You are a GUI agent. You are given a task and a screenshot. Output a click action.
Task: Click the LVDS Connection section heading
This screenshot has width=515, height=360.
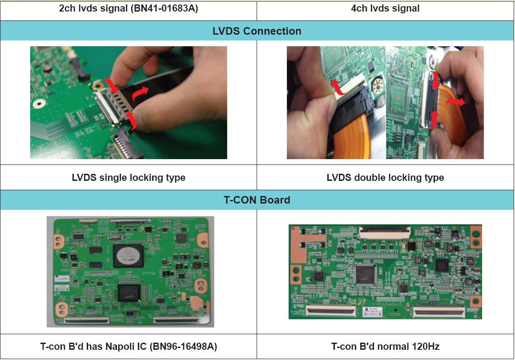coord(257,31)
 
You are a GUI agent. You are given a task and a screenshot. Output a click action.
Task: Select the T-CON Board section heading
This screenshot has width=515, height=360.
coord(257,200)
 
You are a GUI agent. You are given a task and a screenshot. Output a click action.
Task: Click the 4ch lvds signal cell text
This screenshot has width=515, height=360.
coord(385,8)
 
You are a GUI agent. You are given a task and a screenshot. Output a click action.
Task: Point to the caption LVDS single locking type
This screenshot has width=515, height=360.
coord(129,177)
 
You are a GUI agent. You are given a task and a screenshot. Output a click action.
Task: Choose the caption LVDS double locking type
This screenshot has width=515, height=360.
coord(385,177)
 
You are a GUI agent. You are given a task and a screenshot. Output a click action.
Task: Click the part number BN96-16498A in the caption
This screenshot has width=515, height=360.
coord(183,347)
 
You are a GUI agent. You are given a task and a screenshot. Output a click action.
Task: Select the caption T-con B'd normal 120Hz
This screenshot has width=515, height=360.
coord(385,347)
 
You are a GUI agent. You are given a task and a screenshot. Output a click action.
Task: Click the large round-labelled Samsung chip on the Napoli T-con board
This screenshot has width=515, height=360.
coord(129,256)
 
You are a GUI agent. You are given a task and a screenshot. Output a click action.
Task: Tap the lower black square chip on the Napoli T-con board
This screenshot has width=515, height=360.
coord(129,293)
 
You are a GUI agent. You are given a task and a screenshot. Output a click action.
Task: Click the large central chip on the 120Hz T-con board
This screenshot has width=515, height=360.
coord(365,274)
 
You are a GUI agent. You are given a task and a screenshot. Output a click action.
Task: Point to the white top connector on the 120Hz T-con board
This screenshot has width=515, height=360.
coord(385,233)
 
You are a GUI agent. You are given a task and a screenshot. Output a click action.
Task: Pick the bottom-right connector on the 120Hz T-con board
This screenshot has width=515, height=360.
coord(439,312)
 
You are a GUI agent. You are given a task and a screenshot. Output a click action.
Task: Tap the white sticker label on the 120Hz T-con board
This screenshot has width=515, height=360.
coord(372,312)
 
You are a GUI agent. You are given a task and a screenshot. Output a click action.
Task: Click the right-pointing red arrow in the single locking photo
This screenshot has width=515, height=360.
coord(140,93)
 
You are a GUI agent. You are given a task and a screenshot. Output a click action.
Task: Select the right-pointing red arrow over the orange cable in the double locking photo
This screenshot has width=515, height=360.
coord(455,102)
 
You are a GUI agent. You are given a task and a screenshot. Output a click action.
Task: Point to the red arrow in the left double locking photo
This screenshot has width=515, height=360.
coord(338,87)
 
